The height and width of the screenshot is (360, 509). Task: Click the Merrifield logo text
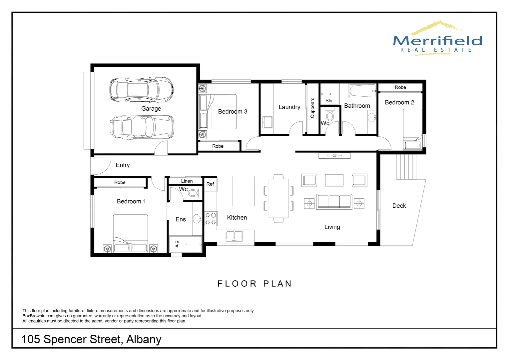[437, 41]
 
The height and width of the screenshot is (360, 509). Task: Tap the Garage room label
[151, 109]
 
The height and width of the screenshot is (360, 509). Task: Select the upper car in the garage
[142, 90]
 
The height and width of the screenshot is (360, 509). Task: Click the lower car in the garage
[143, 127]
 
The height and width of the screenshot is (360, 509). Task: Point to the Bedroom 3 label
[233, 112]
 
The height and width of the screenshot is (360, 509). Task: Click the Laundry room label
[289, 107]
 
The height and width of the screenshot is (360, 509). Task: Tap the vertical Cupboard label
[312, 108]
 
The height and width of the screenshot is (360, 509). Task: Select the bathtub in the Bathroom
[362, 91]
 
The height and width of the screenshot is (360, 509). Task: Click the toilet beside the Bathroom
[330, 114]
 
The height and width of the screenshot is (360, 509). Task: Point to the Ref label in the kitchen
[210, 184]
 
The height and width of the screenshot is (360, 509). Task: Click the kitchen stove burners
[211, 219]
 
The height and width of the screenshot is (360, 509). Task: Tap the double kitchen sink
[234, 236]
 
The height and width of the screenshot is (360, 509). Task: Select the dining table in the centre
[278, 198]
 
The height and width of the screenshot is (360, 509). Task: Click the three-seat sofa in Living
[334, 202]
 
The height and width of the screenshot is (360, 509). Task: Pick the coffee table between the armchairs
[334, 180]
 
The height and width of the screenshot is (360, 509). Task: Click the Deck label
[399, 206]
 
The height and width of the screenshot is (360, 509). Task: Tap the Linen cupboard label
[187, 181]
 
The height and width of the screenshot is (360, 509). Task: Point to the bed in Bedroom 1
[130, 233]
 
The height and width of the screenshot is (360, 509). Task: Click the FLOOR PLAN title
[254, 284]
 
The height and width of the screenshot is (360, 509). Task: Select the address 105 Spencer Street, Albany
[92, 339]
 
